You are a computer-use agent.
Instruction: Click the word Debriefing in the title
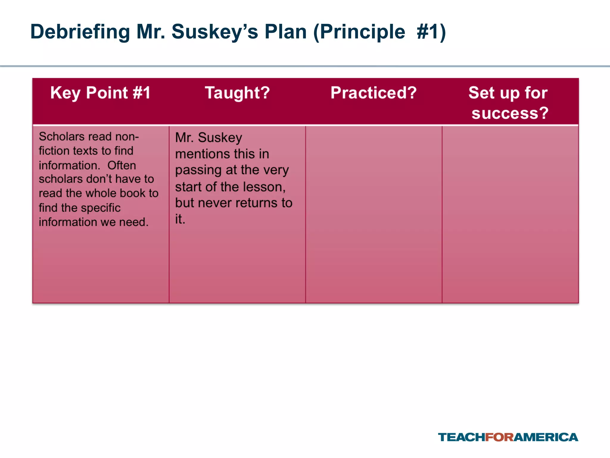(x=80, y=32)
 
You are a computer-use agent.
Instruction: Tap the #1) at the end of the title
(x=431, y=32)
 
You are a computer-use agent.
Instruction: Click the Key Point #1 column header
(x=100, y=93)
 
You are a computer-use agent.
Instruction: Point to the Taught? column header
(x=237, y=93)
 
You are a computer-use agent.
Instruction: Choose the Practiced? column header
(x=374, y=93)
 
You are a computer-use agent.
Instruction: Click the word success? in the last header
(x=510, y=113)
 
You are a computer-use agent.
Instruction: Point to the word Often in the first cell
(x=122, y=165)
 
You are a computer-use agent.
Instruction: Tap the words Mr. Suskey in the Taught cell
(x=208, y=138)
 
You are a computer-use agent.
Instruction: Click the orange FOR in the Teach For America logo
(x=499, y=437)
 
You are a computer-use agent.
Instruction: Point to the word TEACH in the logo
(x=461, y=437)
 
